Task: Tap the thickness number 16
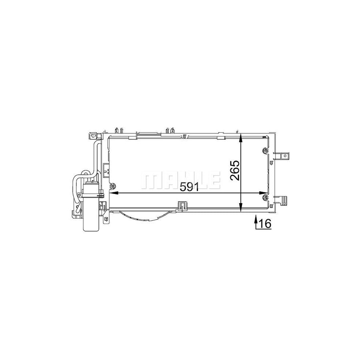point(264,224)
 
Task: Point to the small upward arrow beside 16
point(255,222)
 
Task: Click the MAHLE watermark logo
point(180,181)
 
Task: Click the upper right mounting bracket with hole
point(285,155)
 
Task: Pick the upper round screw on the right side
point(266,151)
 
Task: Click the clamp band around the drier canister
point(92,195)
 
